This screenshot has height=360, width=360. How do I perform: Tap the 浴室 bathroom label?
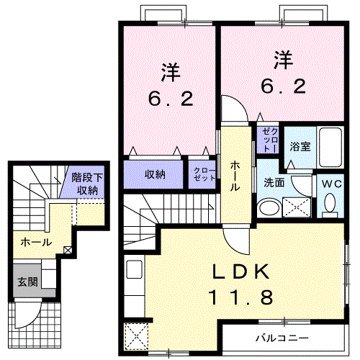[300, 147]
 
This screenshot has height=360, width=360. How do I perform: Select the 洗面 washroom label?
[274, 183]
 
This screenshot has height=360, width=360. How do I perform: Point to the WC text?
[331, 183]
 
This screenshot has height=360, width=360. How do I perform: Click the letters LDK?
[240, 272]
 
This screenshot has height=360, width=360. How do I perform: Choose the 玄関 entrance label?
[25, 280]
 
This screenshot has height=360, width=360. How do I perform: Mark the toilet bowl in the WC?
[330, 206]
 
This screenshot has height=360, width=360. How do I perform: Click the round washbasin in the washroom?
[269, 209]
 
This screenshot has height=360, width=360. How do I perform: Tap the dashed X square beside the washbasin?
[297, 208]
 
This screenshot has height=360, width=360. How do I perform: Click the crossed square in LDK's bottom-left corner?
[135, 336]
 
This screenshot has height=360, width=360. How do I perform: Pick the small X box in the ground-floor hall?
[68, 250]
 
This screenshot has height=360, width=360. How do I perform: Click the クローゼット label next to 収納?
[200, 174]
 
